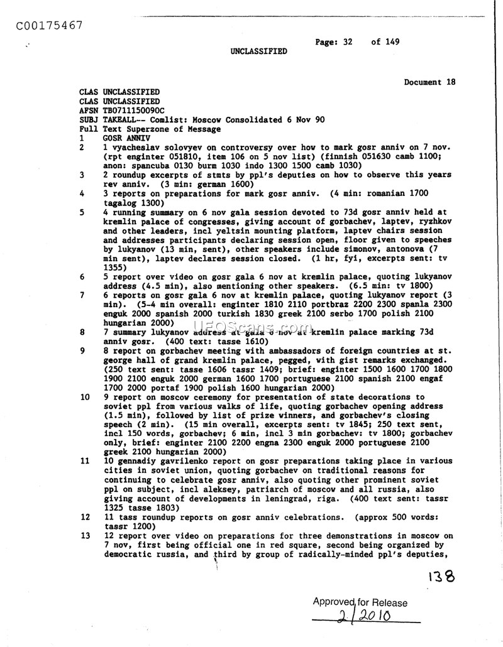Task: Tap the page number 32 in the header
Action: point(347,42)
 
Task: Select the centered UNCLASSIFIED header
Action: point(258,52)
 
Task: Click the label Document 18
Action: point(429,82)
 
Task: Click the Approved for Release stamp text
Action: point(360,603)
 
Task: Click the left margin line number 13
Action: point(84,536)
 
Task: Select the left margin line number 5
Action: point(82,212)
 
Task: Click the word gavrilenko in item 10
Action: point(173,461)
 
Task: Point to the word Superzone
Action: point(148,129)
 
